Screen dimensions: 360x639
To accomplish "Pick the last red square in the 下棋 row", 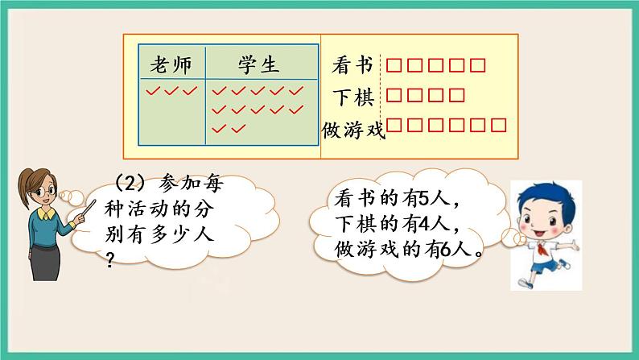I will coord(456,95).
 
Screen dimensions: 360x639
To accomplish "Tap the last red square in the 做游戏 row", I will coord(498,125).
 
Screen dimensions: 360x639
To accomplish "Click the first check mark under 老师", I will coord(154,91).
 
